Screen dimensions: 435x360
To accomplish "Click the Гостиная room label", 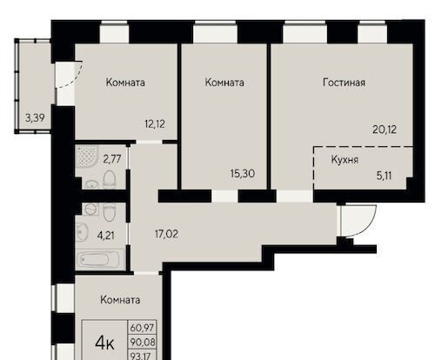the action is coord(344,83).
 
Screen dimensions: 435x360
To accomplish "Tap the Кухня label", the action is coord(345,160).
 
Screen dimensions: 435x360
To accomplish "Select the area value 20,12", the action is coord(385,129).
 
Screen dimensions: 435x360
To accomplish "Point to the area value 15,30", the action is coord(243,174).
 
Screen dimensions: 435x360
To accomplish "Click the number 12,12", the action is coord(155,124).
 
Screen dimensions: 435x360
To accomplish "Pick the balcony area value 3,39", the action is coord(35,118).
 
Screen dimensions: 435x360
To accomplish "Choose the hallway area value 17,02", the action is coord(166,234).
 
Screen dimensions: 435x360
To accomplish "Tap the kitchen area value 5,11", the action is coord(385,176).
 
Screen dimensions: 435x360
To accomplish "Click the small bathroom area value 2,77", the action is coord(112,159).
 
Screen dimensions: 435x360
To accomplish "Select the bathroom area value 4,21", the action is coord(106,236).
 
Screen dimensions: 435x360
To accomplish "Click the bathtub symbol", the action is coord(99,259).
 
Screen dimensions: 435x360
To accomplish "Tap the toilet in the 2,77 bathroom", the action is coord(110,179).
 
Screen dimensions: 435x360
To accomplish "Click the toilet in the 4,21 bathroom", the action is coord(109,211).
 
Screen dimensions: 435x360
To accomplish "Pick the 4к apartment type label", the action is coord(104,343).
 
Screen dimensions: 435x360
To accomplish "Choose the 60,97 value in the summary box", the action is coord(143,328).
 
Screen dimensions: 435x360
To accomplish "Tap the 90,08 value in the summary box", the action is coord(143,343).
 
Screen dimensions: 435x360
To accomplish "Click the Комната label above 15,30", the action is coord(224,83).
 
